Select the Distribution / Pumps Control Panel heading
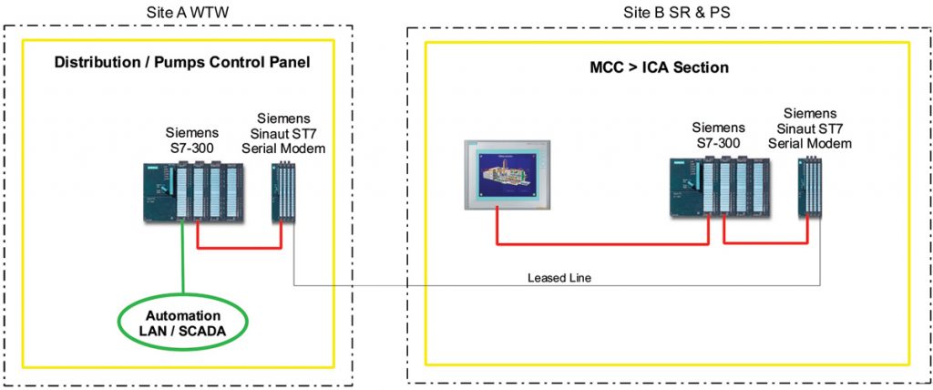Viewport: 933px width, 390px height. tap(183, 63)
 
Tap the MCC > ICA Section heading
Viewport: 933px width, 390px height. tap(655, 67)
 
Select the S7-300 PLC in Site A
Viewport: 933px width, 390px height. tap(193, 190)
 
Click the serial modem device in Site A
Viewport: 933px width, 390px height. tap(282, 190)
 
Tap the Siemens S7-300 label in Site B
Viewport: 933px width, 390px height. tap(718, 135)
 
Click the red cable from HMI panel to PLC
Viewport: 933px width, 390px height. tap(601, 243)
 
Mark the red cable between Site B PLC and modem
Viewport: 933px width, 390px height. tap(765, 242)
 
